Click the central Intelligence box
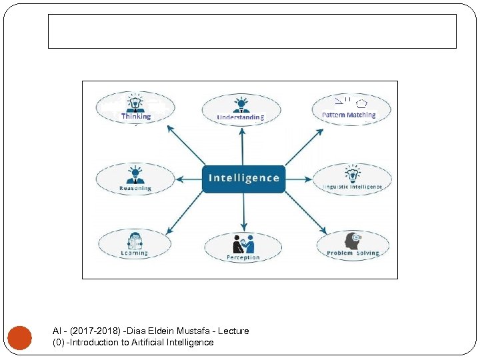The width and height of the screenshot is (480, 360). (x=243, y=178)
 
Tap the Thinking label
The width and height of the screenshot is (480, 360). (x=136, y=116)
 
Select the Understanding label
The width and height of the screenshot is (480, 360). (x=241, y=118)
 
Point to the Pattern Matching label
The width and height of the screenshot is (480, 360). (x=349, y=115)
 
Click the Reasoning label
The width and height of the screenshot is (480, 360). (x=135, y=188)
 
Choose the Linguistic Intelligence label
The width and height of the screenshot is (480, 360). (x=353, y=187)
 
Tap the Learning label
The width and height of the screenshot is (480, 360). (x=134, y=253)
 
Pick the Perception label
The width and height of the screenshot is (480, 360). (x=243, y=257)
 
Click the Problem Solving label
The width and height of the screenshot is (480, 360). (x=353, y=253)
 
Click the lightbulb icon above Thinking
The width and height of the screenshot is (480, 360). (x=135, y=103)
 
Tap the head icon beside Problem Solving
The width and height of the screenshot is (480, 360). (x=352, y=240)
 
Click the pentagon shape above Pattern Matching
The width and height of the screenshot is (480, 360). (x=361, y=103)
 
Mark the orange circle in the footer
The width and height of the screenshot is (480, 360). (x=19, y=337)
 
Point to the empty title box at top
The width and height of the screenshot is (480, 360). (x=252, y=31)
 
